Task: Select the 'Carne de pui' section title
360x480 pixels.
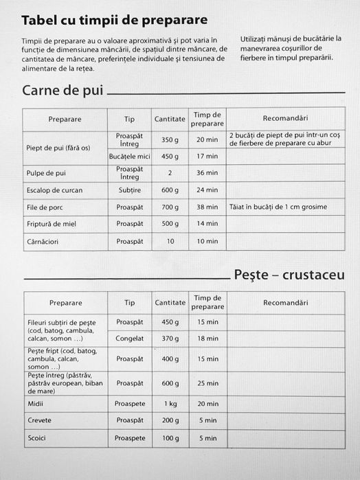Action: coord(63,90)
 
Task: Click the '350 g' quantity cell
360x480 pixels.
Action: coord(170,139)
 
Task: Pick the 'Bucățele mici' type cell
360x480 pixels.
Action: coord(130,157)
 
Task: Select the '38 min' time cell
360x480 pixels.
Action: coord(207,207)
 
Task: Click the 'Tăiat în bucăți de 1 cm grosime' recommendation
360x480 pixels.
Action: coord(278,207)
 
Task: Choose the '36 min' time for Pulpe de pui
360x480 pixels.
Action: coord(207,173)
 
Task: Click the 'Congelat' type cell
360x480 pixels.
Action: coord(130,338)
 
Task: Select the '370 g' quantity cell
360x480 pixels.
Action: coord(170,338)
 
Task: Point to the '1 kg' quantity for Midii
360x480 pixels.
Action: coord(170,404)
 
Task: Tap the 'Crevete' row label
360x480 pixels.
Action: coord(39,420)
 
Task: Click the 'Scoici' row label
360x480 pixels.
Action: coord(36,437)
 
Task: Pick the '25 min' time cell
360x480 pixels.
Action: coord(207,383)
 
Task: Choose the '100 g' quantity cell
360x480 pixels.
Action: coord(170,437)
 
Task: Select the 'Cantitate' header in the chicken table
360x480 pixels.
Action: coord(170,119)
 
